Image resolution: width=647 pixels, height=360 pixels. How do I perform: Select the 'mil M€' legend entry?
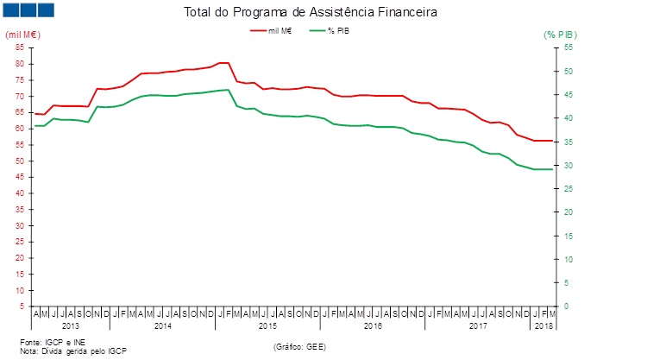click(x=279, y=30)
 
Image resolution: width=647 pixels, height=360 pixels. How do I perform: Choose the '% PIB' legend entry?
click(x=337, y=30)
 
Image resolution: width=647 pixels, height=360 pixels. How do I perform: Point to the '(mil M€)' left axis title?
click(x=22, y=35)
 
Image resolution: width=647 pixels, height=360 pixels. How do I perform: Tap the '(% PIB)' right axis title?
click(x=560, y=35)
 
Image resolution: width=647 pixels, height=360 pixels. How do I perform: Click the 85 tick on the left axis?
click(x=19, y=47)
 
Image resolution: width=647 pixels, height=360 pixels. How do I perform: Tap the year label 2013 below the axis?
click(x=71, y=326)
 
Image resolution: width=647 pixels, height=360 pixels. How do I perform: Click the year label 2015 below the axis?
click(x=267, y=326)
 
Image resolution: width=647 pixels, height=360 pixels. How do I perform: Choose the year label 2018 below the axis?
click(x=543, y=326)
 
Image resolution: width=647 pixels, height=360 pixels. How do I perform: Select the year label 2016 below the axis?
click(x=372, y=326)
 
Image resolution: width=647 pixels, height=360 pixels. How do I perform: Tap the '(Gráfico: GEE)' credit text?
click(x=299, y=346)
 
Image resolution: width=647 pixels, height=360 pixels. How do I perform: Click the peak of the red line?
click(x=223, y=63)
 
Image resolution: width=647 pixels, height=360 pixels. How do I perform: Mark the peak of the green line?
click(x=228, y=90)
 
